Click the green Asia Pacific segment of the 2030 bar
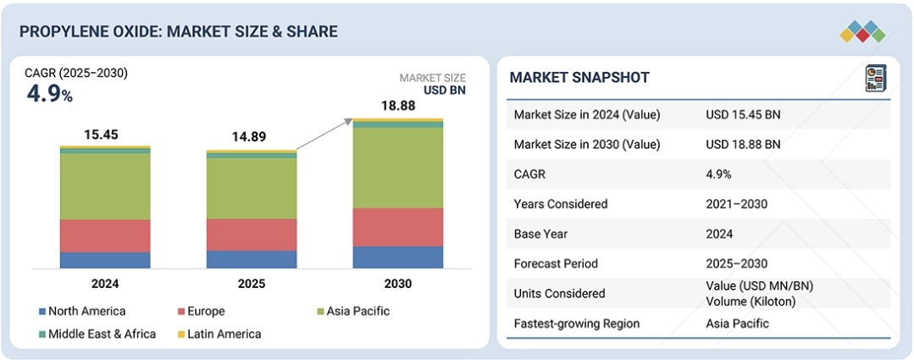pos(398,168)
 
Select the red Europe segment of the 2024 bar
pos(105,236)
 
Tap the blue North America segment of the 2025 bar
pos(252,259)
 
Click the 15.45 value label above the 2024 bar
pos(101,134)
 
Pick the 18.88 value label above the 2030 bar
pos(397,105)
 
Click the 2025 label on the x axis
pos(252,284)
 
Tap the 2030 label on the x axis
pos(397,284)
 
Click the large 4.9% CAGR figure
pos(49,94)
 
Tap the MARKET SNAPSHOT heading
pos(579,78)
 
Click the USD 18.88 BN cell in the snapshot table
pos(743,144)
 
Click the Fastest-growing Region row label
pos(577,324)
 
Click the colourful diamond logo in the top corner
pos(862,31)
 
